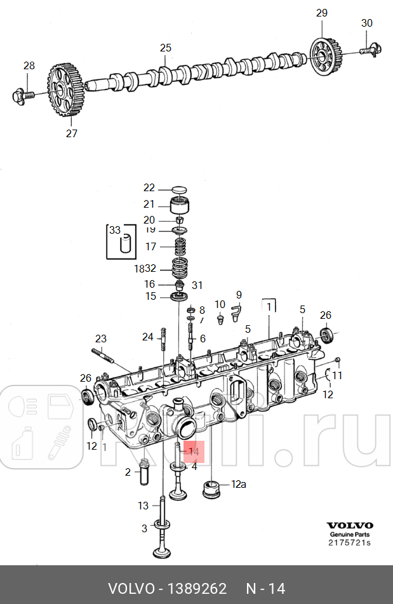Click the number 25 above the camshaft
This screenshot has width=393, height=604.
[x=166, y=48]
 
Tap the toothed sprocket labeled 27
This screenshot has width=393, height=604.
[x=64, y=91]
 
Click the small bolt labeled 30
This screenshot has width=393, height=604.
[x=369, y=48]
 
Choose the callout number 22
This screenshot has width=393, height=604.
[x=149, y=187]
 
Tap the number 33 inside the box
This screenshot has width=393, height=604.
[x=114, y=230]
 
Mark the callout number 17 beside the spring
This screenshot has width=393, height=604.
[x=150, y=246]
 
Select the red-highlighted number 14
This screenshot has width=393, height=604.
[x=194, y=452]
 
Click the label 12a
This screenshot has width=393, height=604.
[x=238, y=484]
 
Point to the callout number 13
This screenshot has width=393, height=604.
[x=143, y=506]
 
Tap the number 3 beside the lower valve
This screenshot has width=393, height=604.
[x=144, y=528]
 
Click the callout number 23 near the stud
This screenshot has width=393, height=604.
[x=101, y=339]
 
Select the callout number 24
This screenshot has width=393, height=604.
[x=148, y=337]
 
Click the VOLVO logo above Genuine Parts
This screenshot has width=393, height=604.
[x=350, y=526]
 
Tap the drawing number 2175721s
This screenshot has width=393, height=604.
[x=349, y=542]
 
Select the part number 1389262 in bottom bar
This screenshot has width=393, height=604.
[x=197, y=589]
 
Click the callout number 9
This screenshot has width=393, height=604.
[x=239, y=295]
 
